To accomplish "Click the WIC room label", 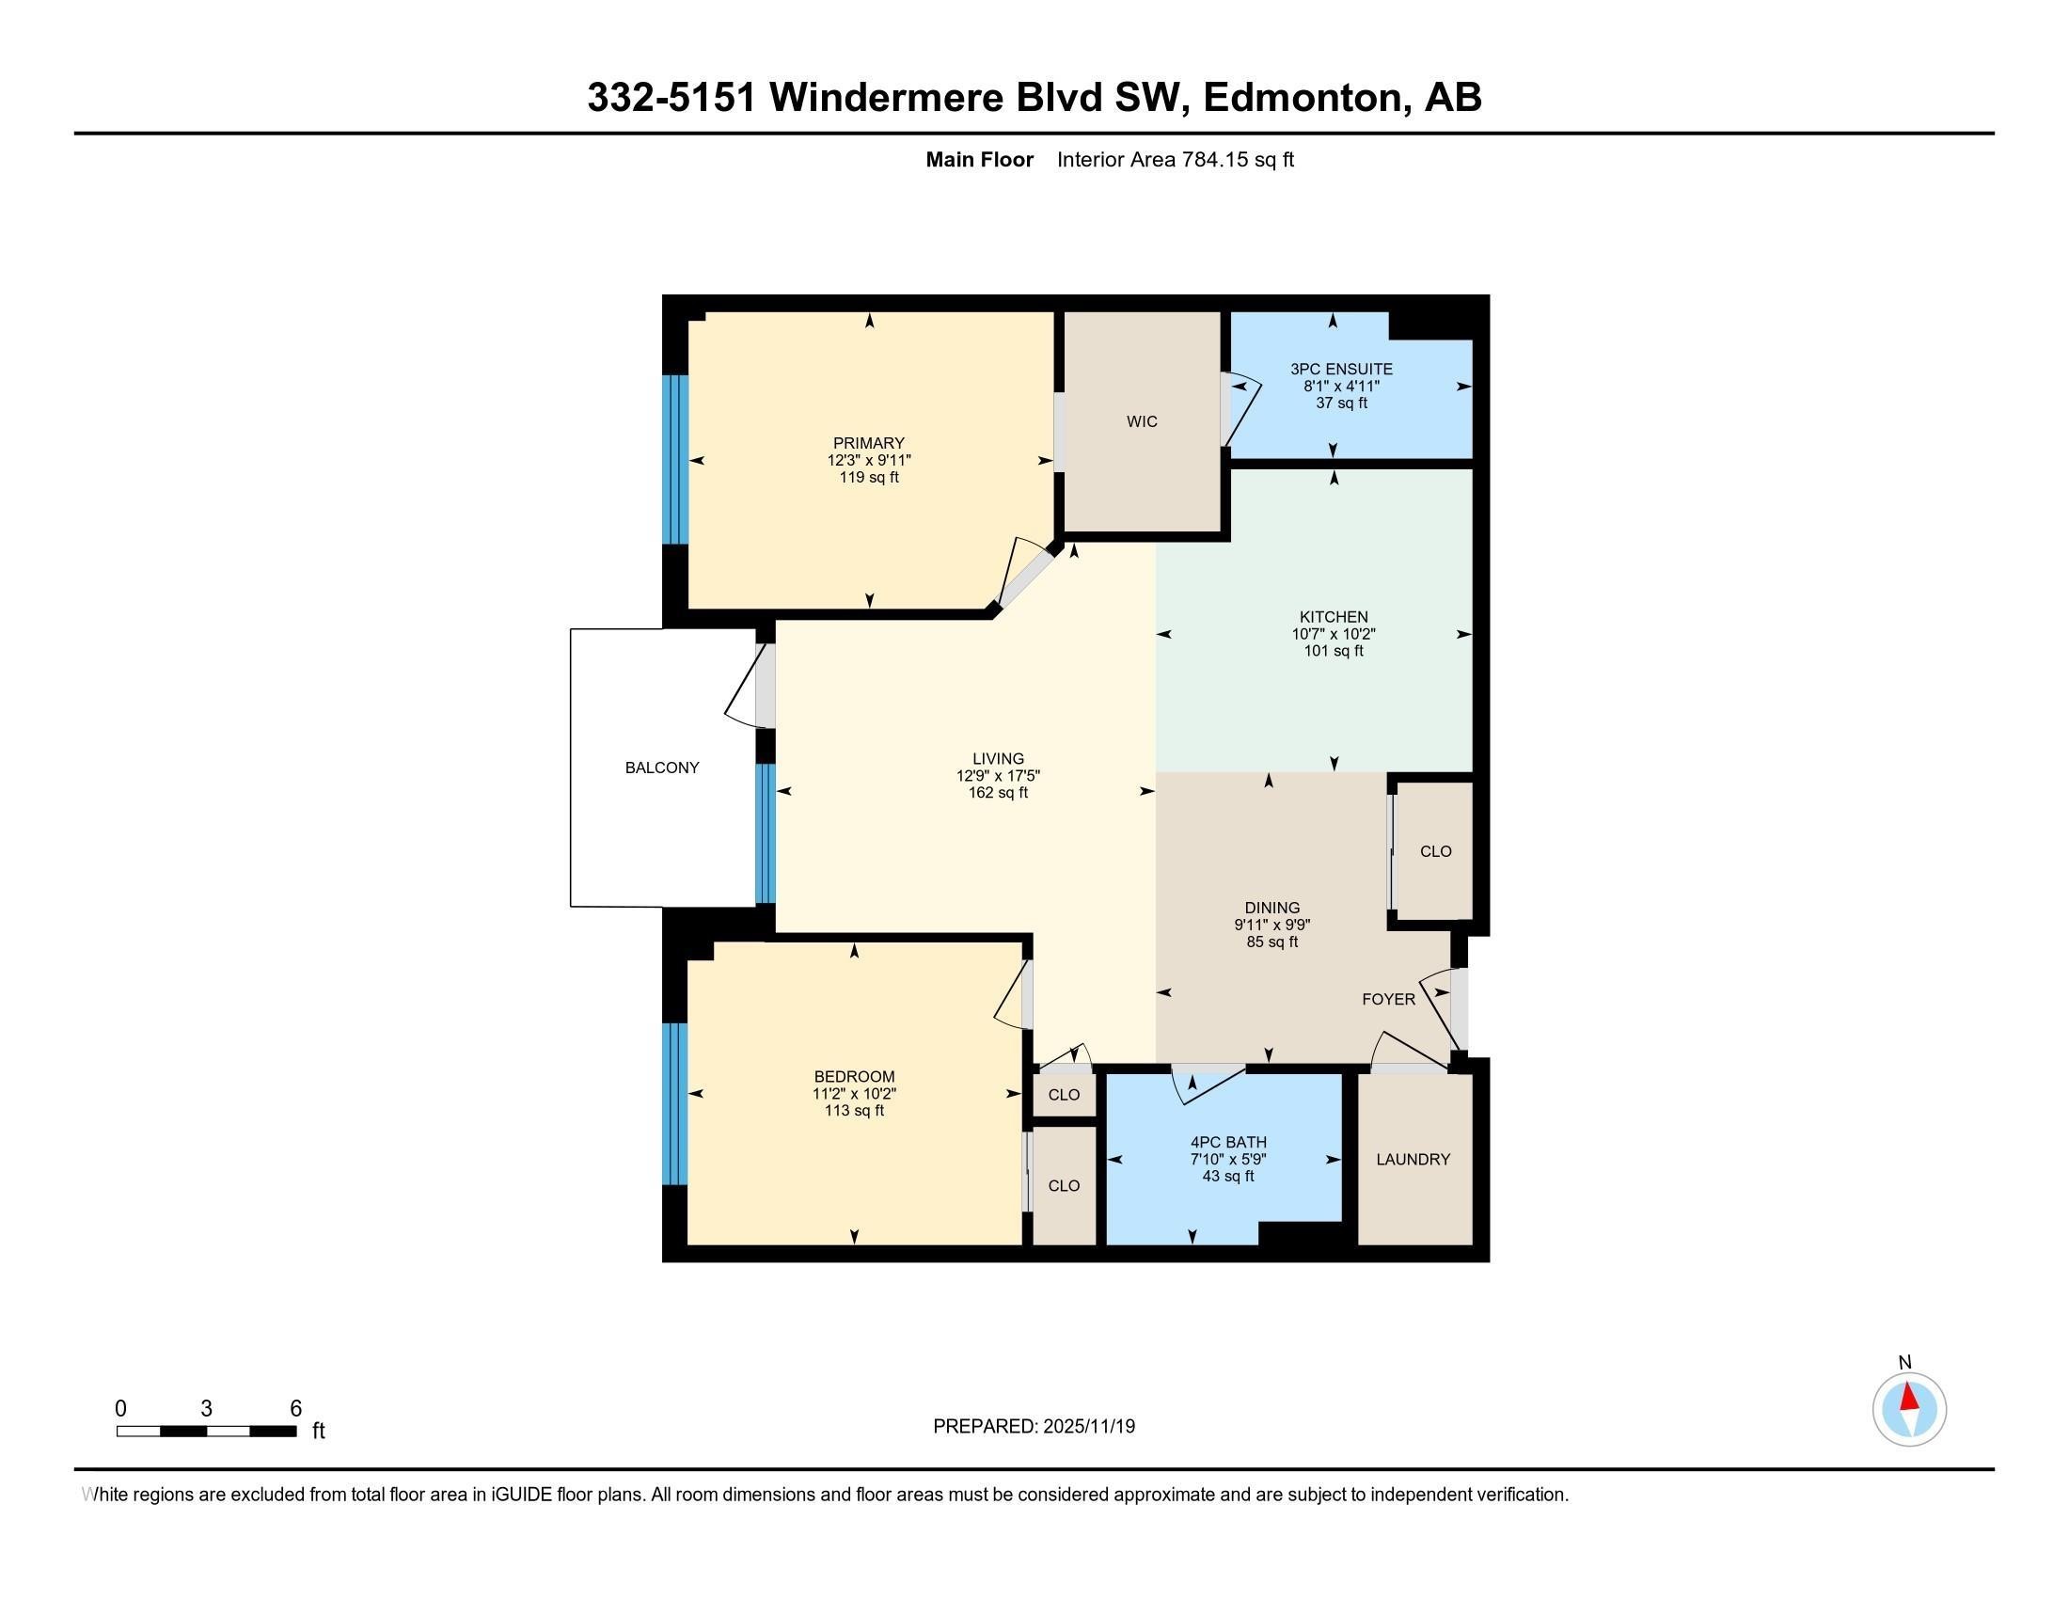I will point(1142,421).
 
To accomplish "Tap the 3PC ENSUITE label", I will point(1341,370).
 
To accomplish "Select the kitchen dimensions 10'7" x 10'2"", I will point(1333,634).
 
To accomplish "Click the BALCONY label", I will point(661,768).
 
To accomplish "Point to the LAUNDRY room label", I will point(1413,1160).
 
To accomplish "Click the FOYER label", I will point(1388,999).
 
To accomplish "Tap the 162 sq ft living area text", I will point(998,793).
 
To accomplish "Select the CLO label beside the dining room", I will point(1435,851).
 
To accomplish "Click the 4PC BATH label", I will point(1227,1143).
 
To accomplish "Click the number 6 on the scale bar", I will point(295,1409).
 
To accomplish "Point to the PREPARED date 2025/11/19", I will point(1034,1427).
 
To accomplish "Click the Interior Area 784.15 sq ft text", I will point(1175,160).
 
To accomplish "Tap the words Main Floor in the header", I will point(979,160).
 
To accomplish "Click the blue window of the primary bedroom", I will point(674,459).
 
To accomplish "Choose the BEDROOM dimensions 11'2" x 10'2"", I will point(854,1093).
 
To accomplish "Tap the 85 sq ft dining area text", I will point(1271,942).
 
